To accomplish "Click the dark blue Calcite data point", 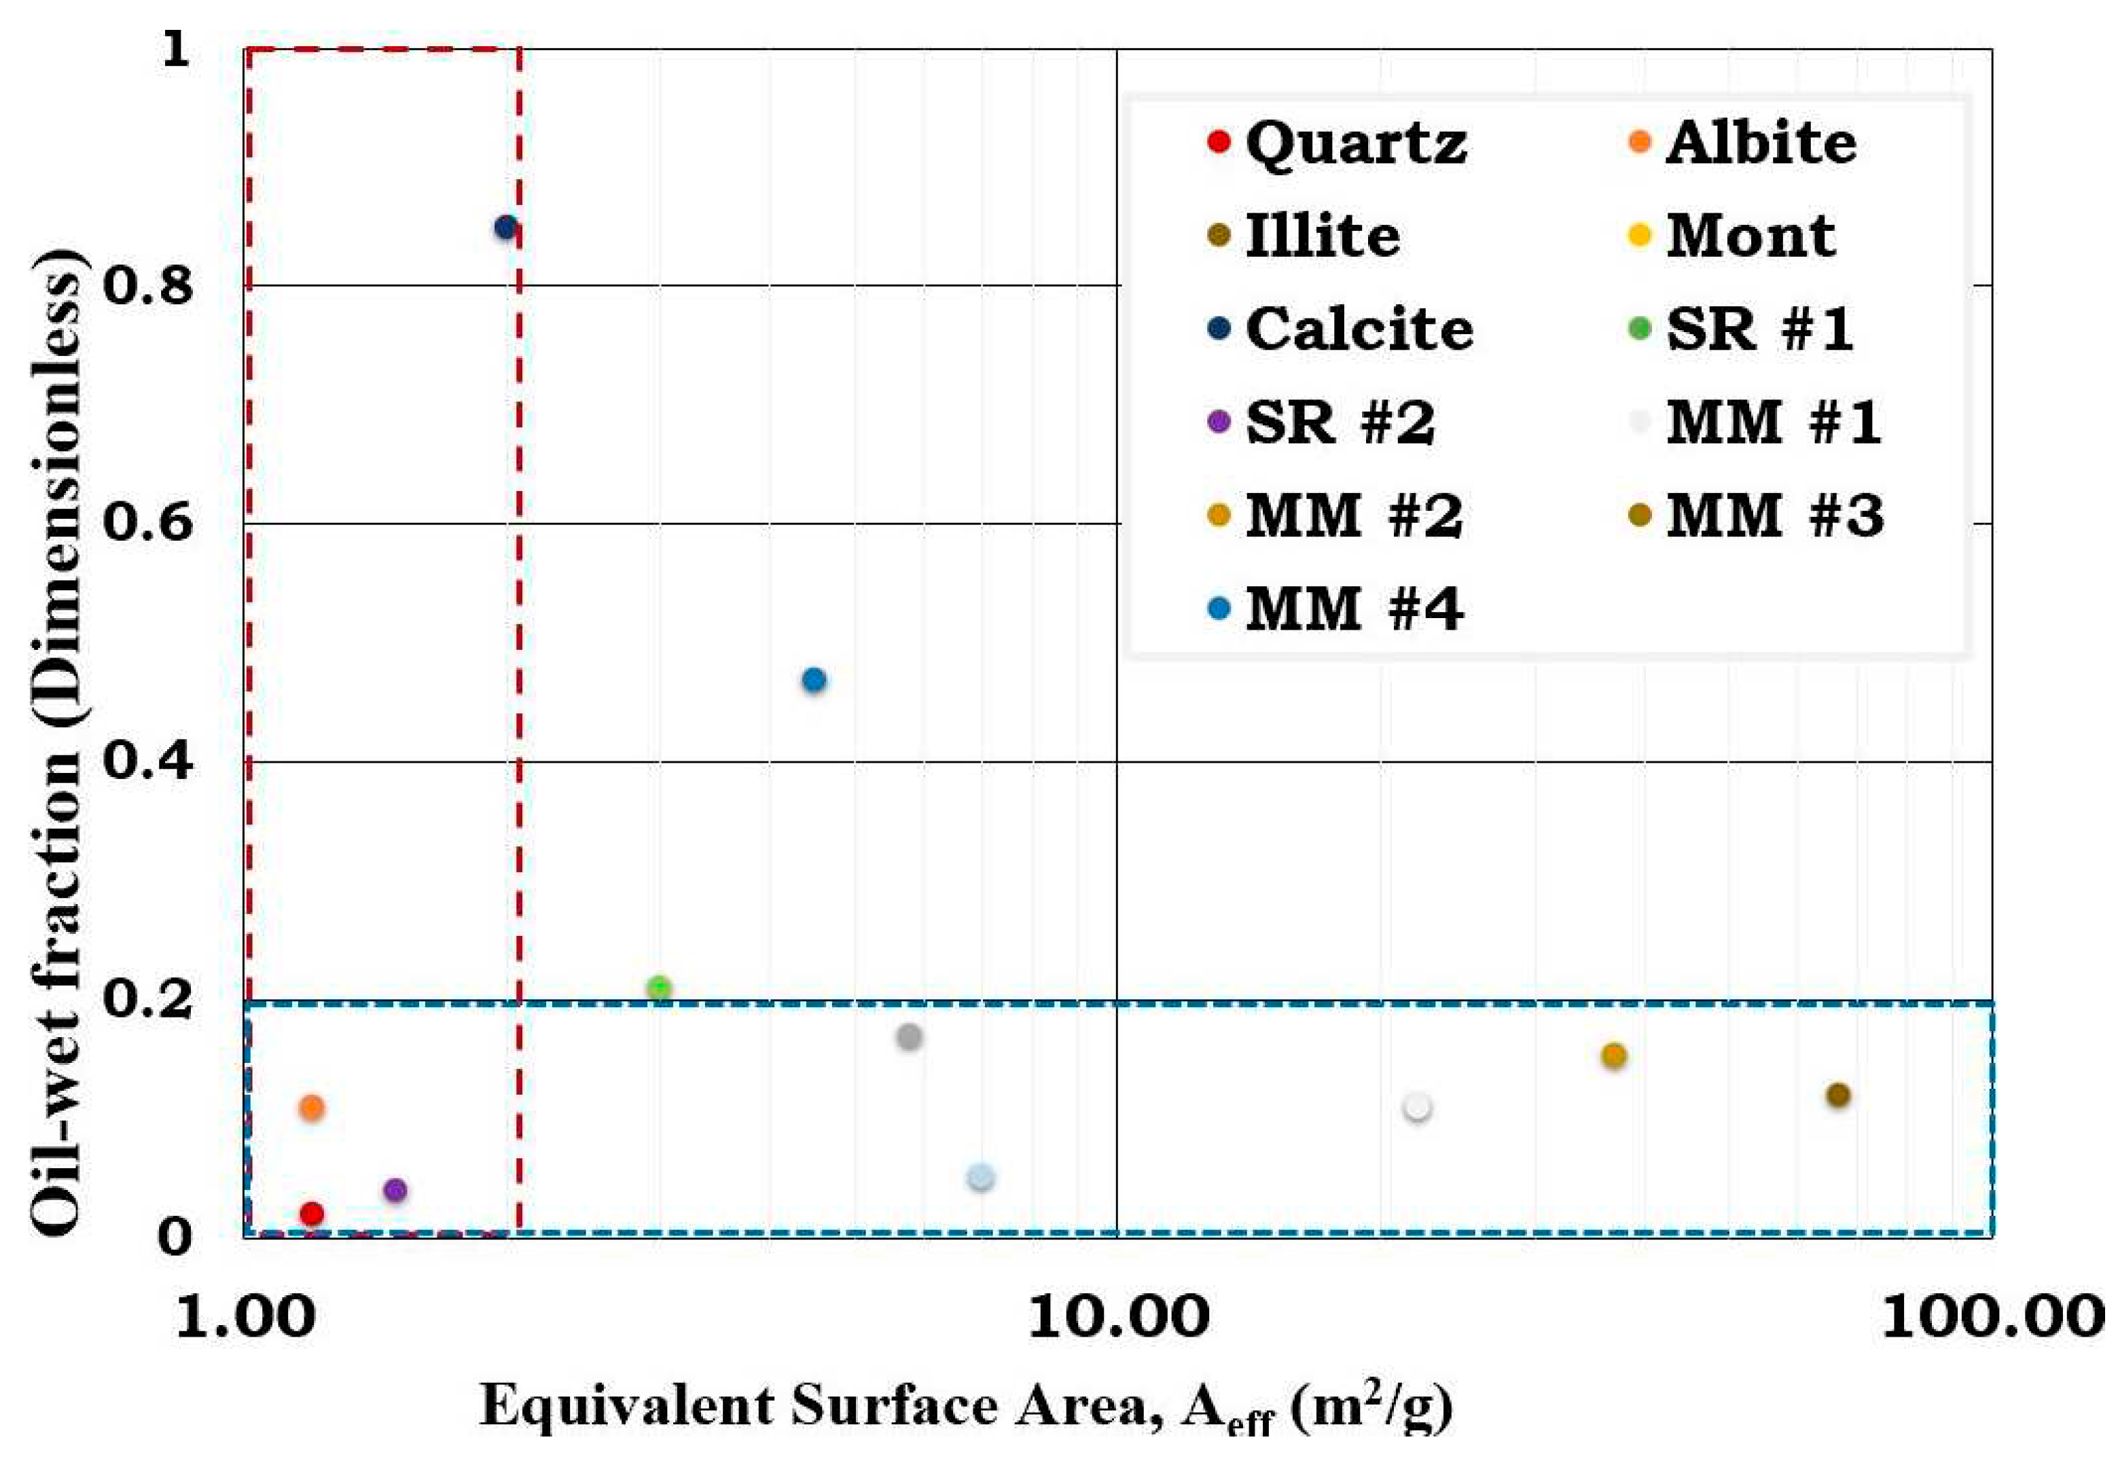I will [505, 228].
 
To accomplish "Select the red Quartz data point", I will [312, 1214].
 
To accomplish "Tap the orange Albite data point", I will [312, 1108].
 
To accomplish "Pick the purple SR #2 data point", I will [394, 1191].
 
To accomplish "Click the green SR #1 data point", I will [658, 988].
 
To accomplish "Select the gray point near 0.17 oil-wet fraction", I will [909, 1036].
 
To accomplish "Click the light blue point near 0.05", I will [980, 1178].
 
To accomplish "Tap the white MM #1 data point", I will [1418, 1107].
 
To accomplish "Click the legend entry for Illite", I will [1321, 236].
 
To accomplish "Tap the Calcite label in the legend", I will [1357, 329].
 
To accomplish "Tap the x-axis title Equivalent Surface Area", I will [967, 1407].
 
